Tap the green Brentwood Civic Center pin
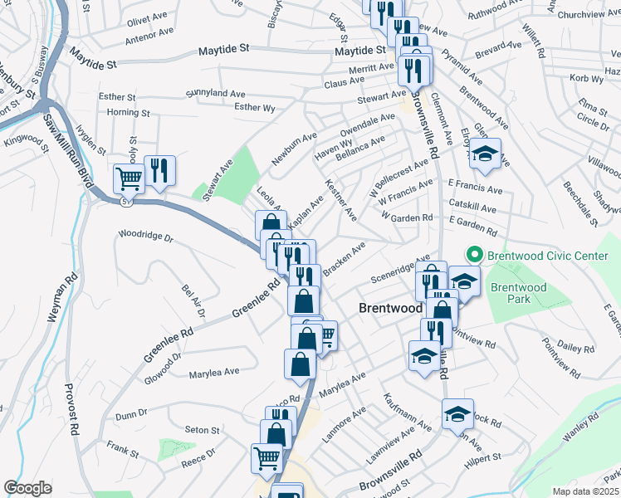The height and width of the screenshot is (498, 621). tap(475, 255)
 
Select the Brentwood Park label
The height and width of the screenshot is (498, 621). tap(518, 293)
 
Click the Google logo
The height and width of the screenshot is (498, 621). tap(27, 488)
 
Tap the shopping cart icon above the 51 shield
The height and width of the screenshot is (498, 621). tap(129, 177)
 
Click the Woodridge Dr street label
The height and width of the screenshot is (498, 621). tap(145, 237)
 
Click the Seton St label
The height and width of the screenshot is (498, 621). tap(202, 430)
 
